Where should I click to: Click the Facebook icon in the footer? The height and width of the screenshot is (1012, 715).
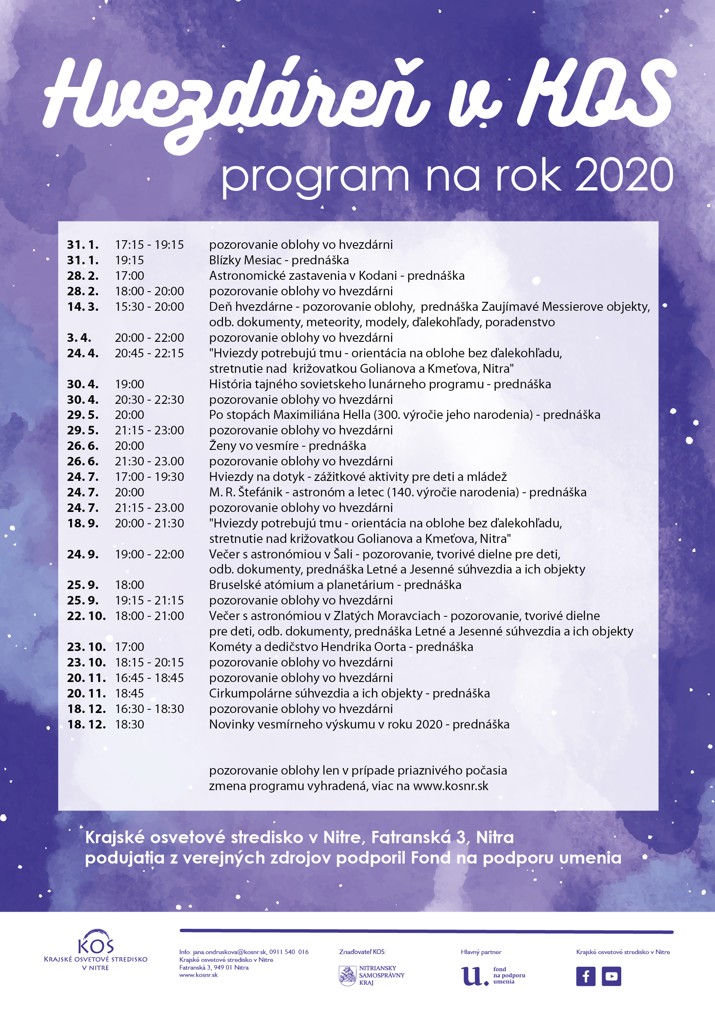click(585, 976)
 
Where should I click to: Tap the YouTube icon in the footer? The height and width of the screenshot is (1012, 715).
click(611, 976)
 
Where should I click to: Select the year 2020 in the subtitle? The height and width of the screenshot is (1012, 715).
click(624, 176)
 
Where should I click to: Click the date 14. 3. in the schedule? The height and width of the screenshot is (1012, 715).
click(83, 306)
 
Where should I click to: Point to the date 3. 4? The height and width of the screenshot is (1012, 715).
click(79, 338)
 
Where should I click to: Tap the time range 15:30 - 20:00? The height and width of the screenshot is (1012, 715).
click(149, 306)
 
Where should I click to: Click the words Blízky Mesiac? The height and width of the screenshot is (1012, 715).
click(245, 260)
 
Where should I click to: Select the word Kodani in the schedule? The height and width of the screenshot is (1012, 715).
click(377, 275)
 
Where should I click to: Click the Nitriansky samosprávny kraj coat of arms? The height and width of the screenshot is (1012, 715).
click(347, 975)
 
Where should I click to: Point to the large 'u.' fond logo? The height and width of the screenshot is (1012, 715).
click(474, 975)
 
